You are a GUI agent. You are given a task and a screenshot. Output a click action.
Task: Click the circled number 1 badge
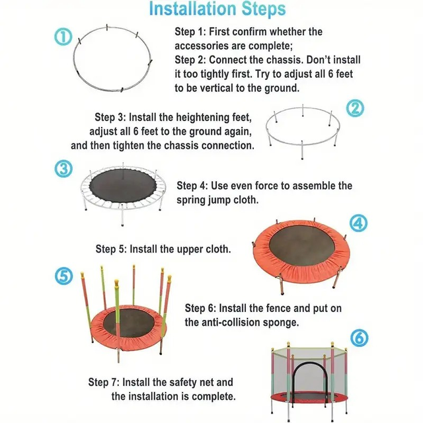(x=63, y=37)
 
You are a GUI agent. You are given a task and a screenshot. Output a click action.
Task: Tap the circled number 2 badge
(x=355, y=108)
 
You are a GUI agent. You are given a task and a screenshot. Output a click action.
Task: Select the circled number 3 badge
(x=63, y=169)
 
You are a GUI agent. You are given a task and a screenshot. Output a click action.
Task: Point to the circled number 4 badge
(x=358, y=223)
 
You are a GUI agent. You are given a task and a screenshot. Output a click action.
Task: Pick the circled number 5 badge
(x=63, y=276)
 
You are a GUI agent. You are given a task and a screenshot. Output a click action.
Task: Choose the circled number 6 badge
(x=360, y=338)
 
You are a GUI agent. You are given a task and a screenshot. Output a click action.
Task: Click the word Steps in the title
(x=264, y=9)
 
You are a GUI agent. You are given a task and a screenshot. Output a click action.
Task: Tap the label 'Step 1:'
(x=190, y=32)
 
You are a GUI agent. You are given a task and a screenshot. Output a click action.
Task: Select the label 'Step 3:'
(x=110, y=118)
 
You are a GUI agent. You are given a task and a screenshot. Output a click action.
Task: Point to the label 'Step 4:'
(x=192, y=186)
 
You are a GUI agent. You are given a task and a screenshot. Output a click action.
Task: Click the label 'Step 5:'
(x=111, y=249)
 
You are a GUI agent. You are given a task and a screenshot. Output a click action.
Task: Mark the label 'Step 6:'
(x=200, y=309)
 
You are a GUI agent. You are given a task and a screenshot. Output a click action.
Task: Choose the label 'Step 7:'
(x=104, y=382)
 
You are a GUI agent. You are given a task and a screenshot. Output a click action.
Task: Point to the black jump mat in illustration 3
(x=123, y=186)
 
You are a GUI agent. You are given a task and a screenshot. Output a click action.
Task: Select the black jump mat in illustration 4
(x=302, y=245)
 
